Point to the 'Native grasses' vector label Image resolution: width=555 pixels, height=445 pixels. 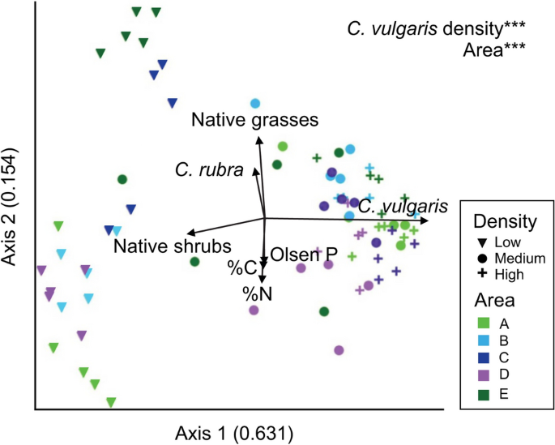click(254, 121)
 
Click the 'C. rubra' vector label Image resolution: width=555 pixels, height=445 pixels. click(210, 170)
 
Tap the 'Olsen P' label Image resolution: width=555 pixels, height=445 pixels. click(302, 255)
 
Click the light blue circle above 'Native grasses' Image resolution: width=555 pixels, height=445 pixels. click(255, 103)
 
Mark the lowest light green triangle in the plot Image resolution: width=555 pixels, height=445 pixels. click(111, 401)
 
